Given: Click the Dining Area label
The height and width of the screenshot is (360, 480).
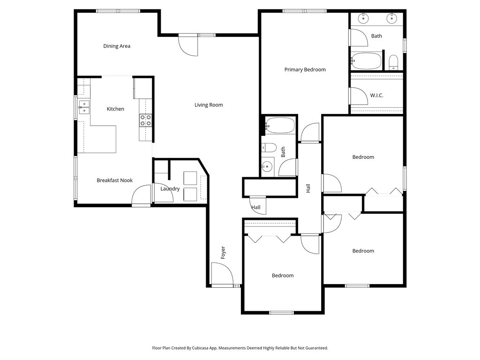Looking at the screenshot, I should pyautogui.click(x=117, y=46).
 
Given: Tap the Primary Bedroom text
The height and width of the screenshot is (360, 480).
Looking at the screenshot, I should pyautogui.click(x=305, y=69).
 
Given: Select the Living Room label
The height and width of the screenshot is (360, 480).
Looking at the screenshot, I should pyautogui.click(x=209, y=105).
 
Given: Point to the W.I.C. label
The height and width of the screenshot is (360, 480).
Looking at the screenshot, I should pyautogui.click(x=376, y=95).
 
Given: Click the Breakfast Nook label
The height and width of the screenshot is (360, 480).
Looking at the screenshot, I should pyautogui.click(x=114, y=180).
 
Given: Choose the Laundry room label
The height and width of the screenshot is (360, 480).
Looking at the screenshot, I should pyautogui.click(x=170, y=189).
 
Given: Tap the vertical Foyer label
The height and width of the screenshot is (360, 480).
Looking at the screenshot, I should pyautogui.click(x=223, y=252).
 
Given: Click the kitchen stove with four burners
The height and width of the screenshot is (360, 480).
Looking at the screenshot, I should pyautogui.click(x=145, y=120).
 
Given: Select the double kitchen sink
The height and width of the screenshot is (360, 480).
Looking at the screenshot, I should pyautogui.click(x=84, y=107).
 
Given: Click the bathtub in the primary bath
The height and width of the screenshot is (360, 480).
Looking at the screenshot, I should pyautogui.click(x=367, y=60).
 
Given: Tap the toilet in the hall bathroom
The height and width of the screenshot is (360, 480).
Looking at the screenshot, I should pyautogui.click(x=269, y=148).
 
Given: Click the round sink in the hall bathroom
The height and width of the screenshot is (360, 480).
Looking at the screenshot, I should pyautogui.click(x=268, y=166).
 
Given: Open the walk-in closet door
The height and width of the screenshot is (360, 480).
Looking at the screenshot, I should pyautogui.click(x=359, y=96).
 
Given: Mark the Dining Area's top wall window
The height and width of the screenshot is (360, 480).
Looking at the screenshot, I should pyautogui.click(x=118, y=11).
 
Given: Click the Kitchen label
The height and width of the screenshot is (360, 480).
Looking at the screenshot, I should pyautogui.click(x=115, y=109).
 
